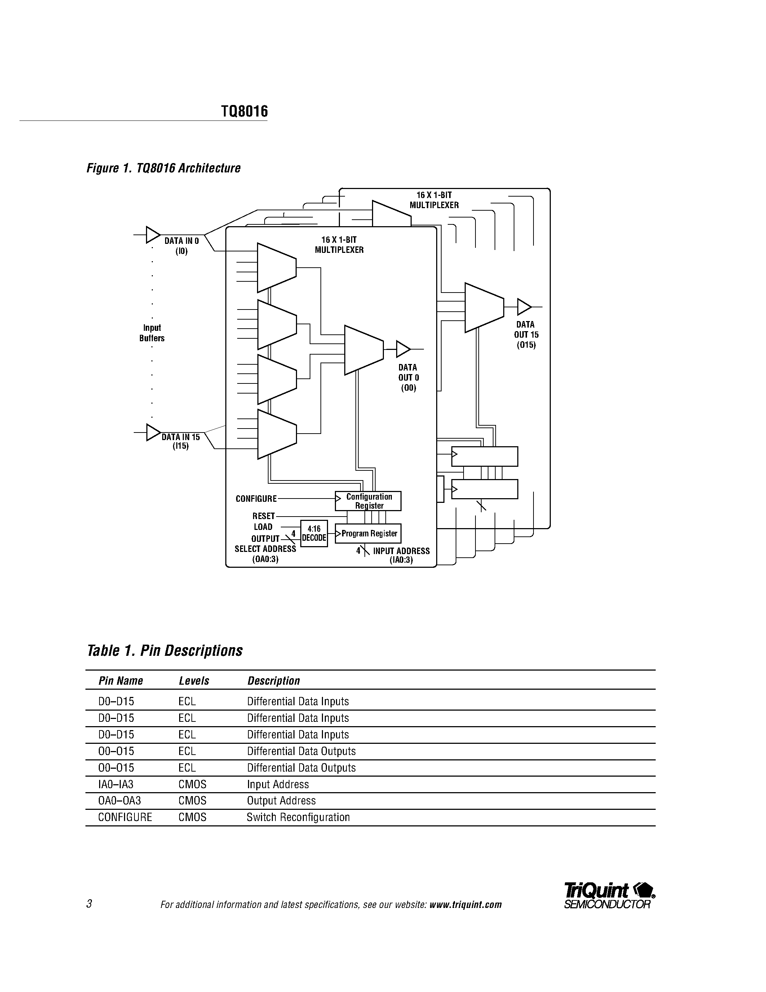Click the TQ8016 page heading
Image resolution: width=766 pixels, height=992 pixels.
click(244, 111)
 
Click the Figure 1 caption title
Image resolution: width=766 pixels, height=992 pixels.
click(163, 168)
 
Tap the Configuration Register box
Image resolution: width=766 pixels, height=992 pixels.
click(368, 501)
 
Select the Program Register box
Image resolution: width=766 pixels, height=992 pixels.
click(368, 534)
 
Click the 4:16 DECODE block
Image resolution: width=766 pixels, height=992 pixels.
click(314, 533)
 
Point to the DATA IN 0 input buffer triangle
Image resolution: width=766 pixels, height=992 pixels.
click(152, 235)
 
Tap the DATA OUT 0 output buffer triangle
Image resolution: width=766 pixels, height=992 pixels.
click(403, 349)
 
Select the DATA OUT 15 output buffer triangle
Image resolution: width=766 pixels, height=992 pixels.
click(524, 307)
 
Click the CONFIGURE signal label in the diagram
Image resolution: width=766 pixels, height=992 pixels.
click(256, 499)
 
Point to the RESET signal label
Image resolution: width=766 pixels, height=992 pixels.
click(263, 516)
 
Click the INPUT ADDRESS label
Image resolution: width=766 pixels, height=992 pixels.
click(401, 551)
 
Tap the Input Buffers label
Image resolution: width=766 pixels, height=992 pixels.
click(151, 333)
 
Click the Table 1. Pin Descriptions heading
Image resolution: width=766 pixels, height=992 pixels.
click(164, 650)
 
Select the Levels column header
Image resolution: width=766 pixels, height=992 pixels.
click(194, 681)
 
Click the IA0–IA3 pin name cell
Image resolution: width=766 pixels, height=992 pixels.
click(116, 785)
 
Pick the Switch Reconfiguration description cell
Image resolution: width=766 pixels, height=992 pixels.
click(298, 817)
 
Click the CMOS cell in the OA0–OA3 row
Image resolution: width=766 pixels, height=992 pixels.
click(192, 801)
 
